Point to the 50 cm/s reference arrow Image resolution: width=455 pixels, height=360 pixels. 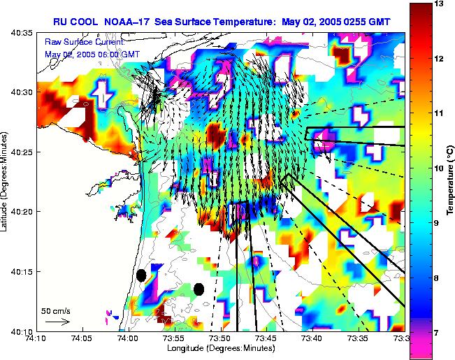point(57,322)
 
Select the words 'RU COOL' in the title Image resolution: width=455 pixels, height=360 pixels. point(73,21)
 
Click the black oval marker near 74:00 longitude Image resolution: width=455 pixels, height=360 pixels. point(141,275)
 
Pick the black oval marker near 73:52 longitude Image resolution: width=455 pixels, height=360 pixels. point(199,289)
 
